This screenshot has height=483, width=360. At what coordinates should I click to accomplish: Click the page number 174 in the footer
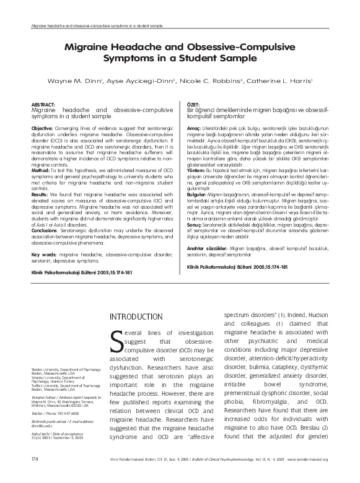pos(25,476)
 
